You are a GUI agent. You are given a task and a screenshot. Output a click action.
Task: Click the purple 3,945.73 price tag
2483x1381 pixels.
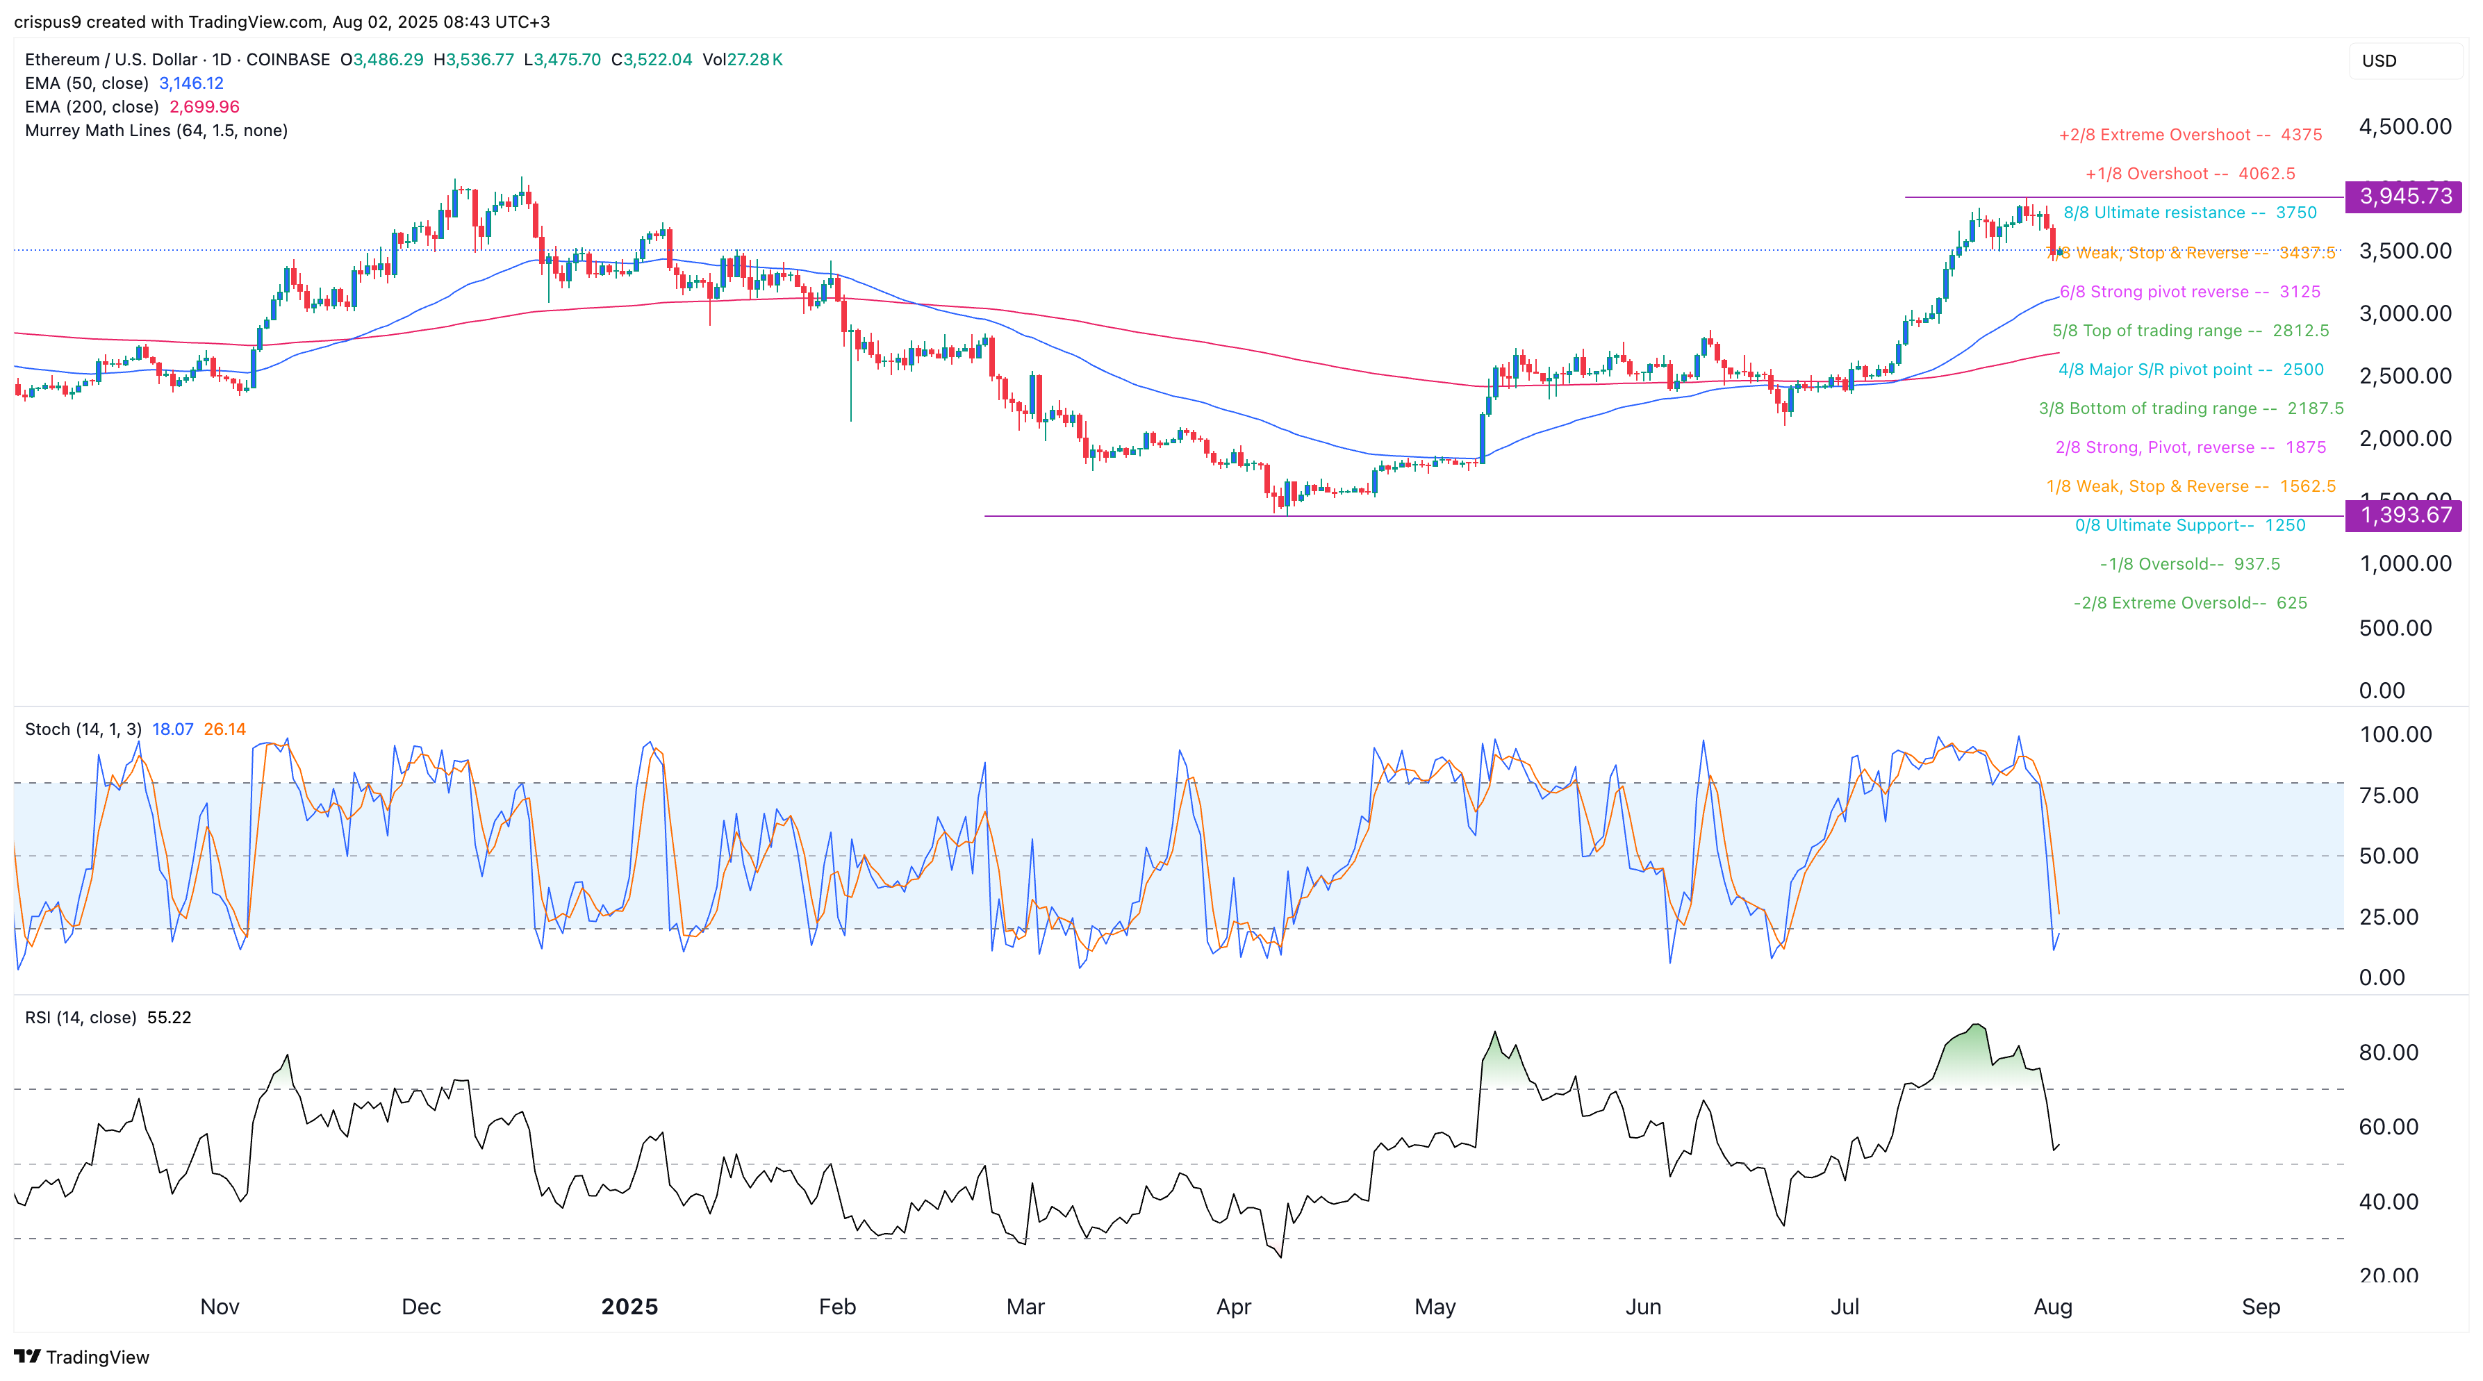[2404, 197]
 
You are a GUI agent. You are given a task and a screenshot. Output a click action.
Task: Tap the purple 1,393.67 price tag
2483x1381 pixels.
[2404, 515]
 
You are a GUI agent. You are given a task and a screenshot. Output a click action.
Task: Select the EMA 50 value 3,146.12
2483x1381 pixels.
[191, 83]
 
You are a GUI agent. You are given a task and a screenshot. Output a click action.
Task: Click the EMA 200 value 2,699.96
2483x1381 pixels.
[204, 107]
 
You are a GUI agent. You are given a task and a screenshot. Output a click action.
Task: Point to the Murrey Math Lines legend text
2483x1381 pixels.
[156, 130]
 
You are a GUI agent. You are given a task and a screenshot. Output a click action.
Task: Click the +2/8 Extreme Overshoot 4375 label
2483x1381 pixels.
[2190, 135]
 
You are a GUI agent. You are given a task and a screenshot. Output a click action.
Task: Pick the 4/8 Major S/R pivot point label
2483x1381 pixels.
[2190, 369]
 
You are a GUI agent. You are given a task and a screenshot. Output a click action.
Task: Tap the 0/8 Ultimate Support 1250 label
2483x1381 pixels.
[2190, 525]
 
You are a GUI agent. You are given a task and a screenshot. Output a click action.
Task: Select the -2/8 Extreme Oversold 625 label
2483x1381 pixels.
[2190, 603]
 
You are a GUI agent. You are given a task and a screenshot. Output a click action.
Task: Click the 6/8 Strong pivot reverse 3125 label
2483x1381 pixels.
[2190, 291]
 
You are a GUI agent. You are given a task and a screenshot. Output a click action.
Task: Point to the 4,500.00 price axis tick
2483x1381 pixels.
[2404, 126]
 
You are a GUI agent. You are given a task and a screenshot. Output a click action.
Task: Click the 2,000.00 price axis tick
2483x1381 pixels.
[2404, 438]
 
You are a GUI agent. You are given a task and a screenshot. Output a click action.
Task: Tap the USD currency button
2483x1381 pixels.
[2379, 60]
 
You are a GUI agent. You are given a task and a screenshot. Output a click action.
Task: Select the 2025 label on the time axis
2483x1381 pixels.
[629, 1307]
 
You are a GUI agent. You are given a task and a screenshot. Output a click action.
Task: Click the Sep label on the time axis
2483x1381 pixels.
[2261, 1307]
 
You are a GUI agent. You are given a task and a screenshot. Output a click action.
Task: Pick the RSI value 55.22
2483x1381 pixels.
[169, 1018]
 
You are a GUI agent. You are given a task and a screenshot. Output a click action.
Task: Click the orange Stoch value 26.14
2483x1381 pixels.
[224, 729]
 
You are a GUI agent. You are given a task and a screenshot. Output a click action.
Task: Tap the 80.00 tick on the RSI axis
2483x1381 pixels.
[2388, 1052]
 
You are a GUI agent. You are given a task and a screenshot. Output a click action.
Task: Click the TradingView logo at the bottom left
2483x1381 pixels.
[82, 1357]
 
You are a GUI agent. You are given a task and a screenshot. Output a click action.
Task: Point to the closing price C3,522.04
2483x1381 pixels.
[652, 60]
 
